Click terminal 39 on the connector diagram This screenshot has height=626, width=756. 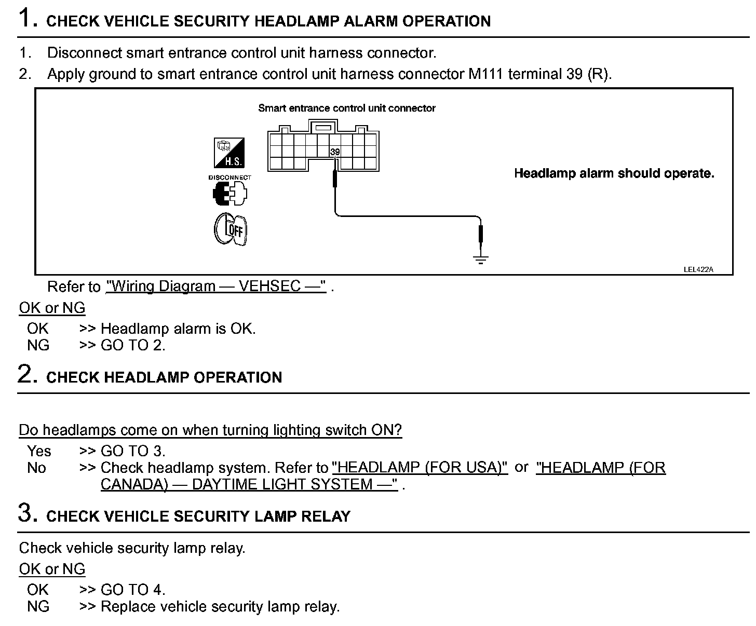(x=335, y=152)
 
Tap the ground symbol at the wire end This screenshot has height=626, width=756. (x=481, y=259)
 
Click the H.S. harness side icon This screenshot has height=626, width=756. (x=229, y=153)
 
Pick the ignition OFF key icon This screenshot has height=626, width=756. (x=231, y=229)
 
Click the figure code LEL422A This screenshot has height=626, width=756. (x=698, y=269)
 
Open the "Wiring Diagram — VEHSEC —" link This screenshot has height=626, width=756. (x=216, y=287)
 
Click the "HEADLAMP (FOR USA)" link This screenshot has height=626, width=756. (x=420, y=467)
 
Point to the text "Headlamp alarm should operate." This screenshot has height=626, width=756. (x=614, y=173)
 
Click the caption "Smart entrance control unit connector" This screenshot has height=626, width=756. (x=346, y=108)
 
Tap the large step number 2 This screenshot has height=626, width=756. (x=27, y=374)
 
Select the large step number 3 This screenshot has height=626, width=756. (x=27, y=513)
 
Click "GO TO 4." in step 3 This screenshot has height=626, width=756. (x=133, y=590)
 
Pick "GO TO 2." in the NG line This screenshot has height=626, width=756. (x=133, y=345)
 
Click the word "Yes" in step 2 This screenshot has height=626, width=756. (x=39, y=451)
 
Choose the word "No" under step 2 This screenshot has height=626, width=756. (x=36, y=468)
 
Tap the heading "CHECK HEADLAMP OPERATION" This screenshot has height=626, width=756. (x=164, y=377)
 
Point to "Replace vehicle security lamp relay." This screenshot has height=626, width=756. (x=220, y=606)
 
